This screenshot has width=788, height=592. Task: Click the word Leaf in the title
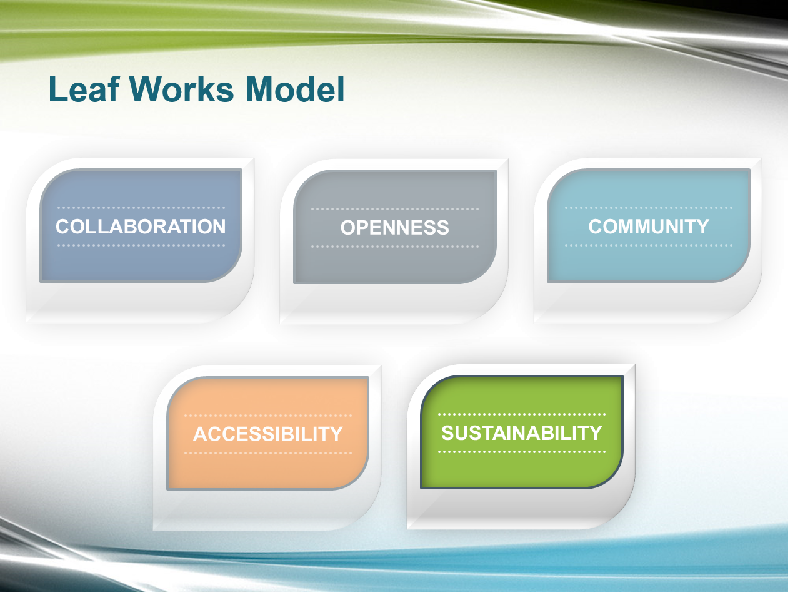tap(84, 89)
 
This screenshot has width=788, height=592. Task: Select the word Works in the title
tap(182, 89)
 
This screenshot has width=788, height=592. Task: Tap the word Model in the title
tap(295, 89)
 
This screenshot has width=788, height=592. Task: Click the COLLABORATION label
tap(141, 227)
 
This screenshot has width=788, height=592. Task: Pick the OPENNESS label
tap(394, 228)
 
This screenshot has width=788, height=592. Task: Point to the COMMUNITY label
tap(649, 227)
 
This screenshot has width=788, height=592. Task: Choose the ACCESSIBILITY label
tap(268, 434)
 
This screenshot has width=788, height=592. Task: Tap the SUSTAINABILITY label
tap(522, 433)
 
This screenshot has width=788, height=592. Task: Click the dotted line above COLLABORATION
tap(141, 208)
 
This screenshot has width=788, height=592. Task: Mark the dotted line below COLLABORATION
tap(141, 245)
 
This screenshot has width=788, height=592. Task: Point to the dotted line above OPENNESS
tap(395, 209)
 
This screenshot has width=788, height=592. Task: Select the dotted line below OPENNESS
tap(395, 247)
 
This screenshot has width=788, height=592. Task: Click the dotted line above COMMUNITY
tap(649, 208)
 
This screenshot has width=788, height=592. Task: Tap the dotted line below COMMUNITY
tap(649, 245)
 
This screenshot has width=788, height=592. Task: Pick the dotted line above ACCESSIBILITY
tap(268, 416)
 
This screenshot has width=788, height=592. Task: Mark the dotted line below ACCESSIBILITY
tap(268, 453)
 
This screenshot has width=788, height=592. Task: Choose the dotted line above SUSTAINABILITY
tap(522, 414)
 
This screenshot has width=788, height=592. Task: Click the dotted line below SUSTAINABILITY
tap(522, 452)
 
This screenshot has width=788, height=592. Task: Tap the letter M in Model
tap(261, 89)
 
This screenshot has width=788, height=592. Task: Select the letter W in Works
tap(148, 89)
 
